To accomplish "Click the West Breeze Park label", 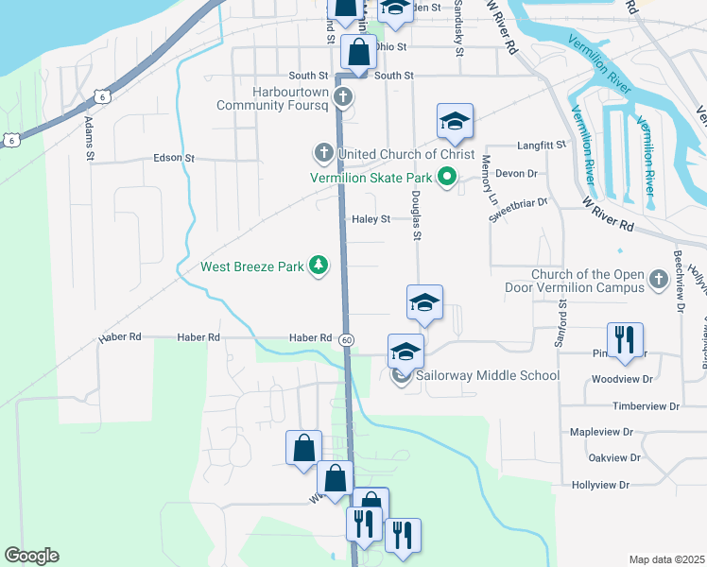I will [252, 266].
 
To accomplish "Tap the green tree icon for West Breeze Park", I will [320, 266].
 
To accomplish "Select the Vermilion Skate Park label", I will [371, 178].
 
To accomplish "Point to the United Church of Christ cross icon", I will [322, 153].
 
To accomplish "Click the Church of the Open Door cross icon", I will [659, 281].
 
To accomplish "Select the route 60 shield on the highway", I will [348, 339].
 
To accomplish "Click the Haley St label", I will [371, 219].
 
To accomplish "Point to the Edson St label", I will [173, 158].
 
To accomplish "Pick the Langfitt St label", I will [541, 146].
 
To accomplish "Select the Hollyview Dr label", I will [600, 485].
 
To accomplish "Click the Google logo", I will [31, 556].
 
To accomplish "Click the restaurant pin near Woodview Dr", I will [624, 340].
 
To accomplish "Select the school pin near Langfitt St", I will [455, 121].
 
